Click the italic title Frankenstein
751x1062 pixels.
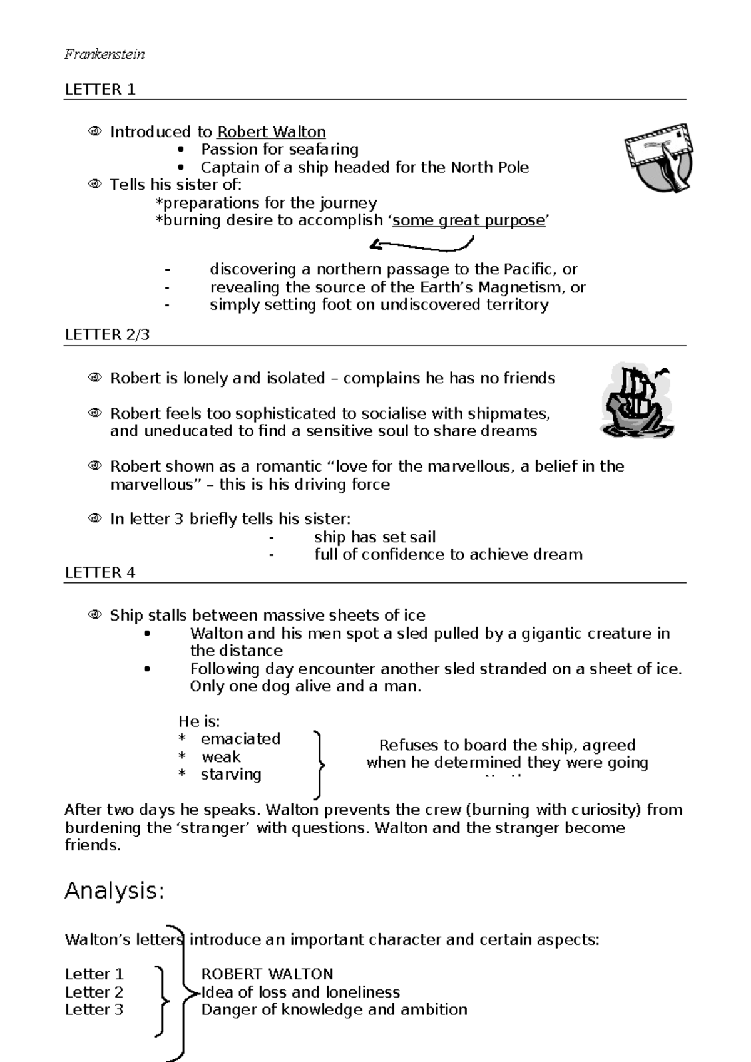pyautogui.click(x=105, y=54)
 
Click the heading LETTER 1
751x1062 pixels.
pyautogui.click(x=100, y=90)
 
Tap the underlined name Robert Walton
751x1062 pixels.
pyautogui.click(x=271, y=132)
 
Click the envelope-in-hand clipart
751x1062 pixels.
pyautogui.click(x=659, y=157)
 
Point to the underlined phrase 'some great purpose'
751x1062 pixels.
pyautogui.click(x=469, y=220)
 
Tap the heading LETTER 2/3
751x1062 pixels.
pyautogui.click(x=107, y=335)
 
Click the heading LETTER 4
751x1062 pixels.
pyautogui.click(x=100, y=573)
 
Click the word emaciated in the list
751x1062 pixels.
pyautogui.click(x=240, y=739)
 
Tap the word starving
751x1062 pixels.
pyautogui.click(x=231, y=775)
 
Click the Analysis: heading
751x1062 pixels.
pyautogui.click(x=115, y=890)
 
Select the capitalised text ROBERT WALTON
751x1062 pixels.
pyautogui.click(x=267, y=974)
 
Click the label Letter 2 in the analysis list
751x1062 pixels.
pyautogui.click(x=95, y=992)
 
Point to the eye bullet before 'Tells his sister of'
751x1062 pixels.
pyautogui.click(x=95, y=185)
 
